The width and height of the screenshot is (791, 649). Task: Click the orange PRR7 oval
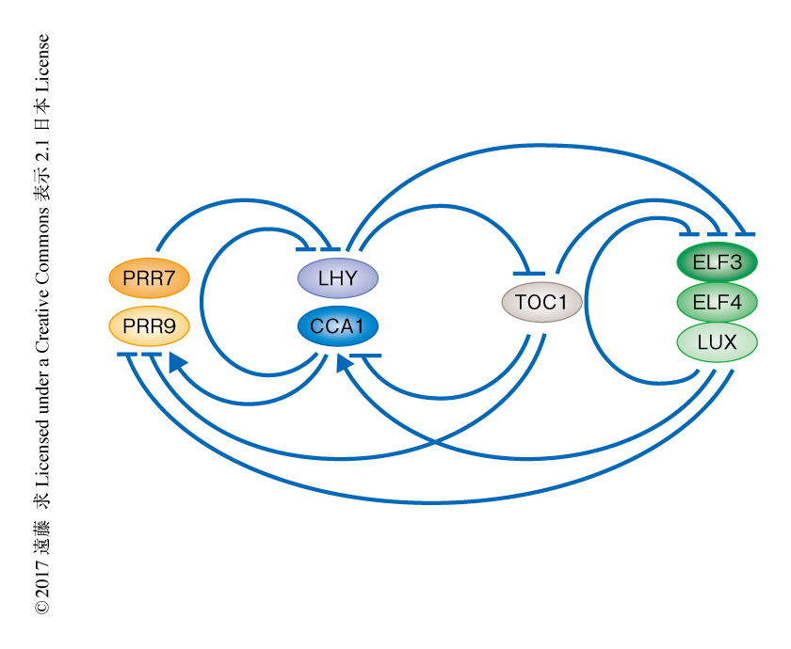click(x=149, y=277)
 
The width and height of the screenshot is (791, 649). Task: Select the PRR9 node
click(x=149, y=327)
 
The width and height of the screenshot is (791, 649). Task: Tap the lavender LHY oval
click(x=337, y=278)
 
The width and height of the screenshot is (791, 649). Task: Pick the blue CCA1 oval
click(x=337, y=327)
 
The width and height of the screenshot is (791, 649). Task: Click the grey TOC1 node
click(x=541, y=302)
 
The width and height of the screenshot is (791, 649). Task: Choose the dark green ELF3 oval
click(x=718, y=262)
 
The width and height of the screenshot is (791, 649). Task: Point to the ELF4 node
click(x=718, y=302)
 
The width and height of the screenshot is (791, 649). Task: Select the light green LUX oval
click(x=718, y=341)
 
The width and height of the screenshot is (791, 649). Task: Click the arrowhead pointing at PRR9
click(x=176, y=362)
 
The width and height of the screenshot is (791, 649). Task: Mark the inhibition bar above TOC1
click(x=529, y=273)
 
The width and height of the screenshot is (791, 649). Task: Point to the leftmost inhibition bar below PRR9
click(x=128, y=355)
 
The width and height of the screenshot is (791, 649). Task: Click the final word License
click(x=42, y=66)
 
